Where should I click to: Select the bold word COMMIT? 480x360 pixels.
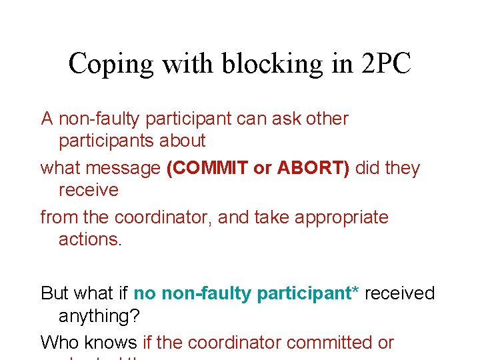click(x=207, y=168)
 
